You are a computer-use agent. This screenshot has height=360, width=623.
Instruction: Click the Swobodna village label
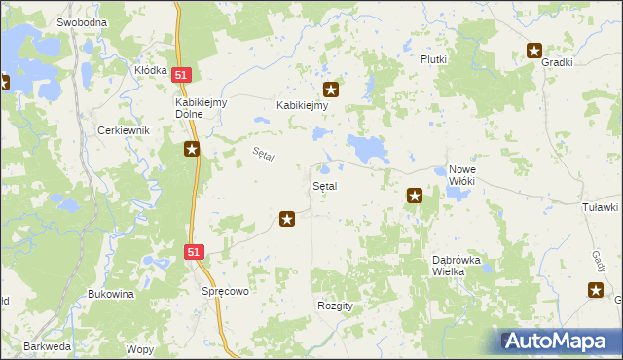tap(82, 21)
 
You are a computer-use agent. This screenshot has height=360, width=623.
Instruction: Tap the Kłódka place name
tap(151, 70)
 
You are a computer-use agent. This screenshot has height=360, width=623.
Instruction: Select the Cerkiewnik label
tap(121, 130)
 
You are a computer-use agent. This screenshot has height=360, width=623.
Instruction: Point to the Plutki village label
tap(433, 59)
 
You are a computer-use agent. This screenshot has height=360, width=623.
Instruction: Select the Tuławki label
tap(600, 207)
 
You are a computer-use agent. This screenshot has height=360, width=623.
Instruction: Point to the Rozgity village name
tap(335, 306)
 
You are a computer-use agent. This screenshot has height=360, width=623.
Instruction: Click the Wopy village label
tap(140, 348)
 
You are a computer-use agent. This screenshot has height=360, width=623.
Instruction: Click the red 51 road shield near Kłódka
tap(182, 74)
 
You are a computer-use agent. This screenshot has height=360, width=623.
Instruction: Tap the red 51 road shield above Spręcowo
tap(195, 251)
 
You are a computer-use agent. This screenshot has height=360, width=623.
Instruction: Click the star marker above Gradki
tap(534, 51)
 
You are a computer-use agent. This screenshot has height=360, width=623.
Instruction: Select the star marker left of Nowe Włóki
tap(415, 196)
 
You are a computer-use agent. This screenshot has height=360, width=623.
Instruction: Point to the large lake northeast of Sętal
tap(368, 148)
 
